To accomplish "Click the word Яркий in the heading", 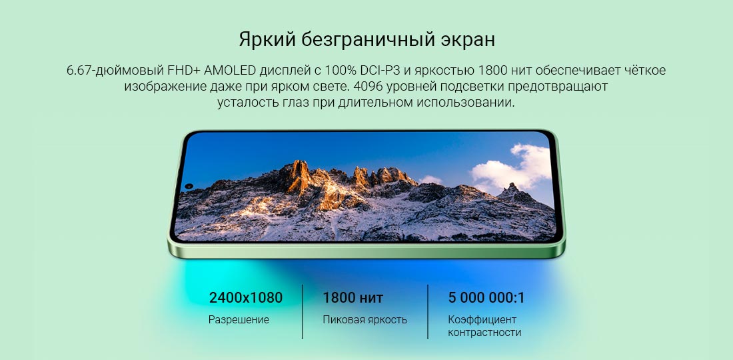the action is [x=267, y=40].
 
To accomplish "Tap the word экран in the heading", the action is [x=468, y=41].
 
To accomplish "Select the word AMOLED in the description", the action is [x=229, y=71].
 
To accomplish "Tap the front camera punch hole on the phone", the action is [x=189, y=186].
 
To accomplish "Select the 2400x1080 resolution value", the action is [x=246, y=298].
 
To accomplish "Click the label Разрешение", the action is [x=239, y=320].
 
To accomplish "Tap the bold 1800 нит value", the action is [x=353, y=298].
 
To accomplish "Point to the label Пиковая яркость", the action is [x=365, y=320].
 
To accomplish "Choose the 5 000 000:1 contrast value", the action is [x=486, y=298].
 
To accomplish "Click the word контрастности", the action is [x=484, y=333].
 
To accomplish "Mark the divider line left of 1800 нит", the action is [x=303, y=311].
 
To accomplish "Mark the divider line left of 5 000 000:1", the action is [x=428, y=311].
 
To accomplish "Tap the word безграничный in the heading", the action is [x=368, y=41].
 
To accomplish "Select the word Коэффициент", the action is [x=482, y=320].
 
